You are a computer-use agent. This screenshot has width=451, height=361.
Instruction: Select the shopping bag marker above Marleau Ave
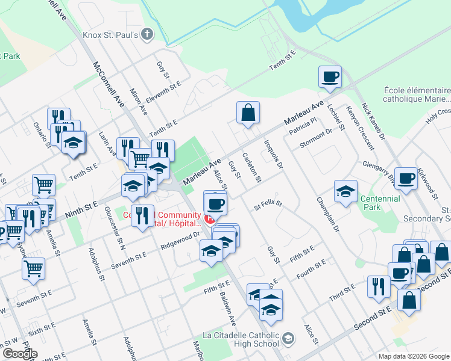click(x=248, y=113)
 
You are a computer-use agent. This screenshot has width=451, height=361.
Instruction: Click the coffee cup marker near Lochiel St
click(x=330, y=77)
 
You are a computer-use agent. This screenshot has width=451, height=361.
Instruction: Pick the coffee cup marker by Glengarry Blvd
click(x=406, y=179)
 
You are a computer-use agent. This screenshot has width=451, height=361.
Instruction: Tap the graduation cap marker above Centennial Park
click(x=345, y=192)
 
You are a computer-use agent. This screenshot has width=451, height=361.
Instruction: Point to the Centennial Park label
click(x=379, y=203)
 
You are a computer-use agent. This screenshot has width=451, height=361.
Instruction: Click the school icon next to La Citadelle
click(x=289, y=339)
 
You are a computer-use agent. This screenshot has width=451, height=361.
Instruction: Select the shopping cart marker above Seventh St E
click(x=33, y=269)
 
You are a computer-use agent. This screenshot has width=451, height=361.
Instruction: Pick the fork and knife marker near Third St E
click(x=378, y=286)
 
